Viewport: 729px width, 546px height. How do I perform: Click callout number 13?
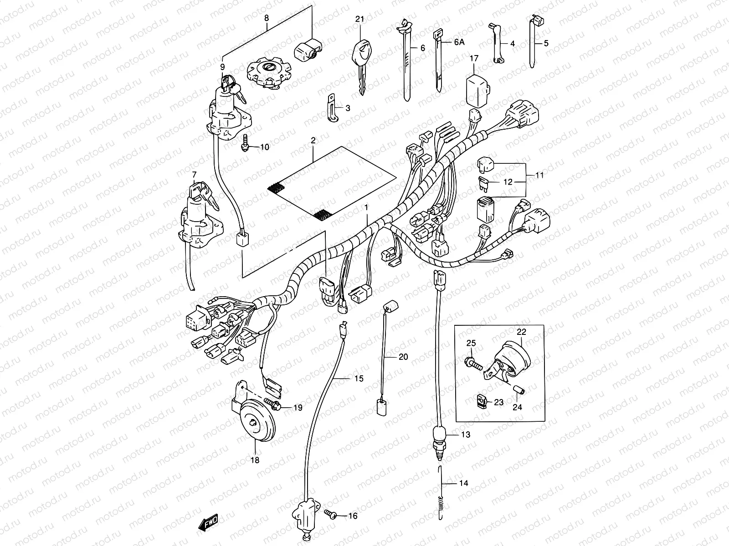click(x=465, y=435)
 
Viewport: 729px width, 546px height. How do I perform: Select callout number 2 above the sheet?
click(x=313, y=141)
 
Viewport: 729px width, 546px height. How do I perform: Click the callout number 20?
click(x=403, y=357)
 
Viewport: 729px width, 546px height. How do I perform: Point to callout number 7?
click(x=194, y=174)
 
